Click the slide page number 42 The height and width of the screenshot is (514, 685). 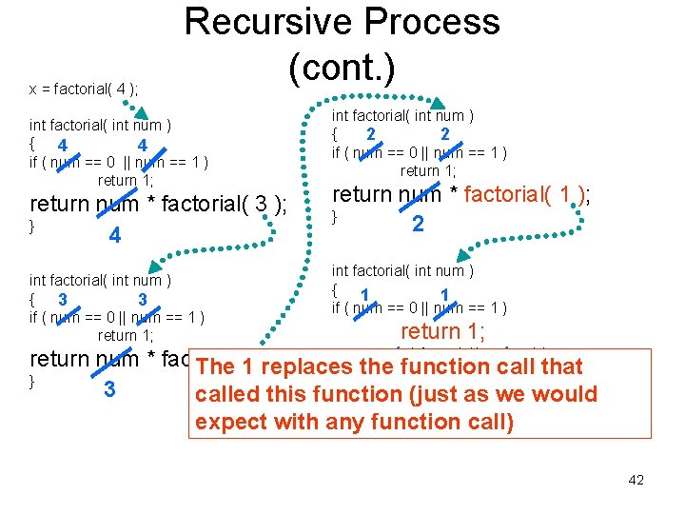pyautogui.click(x=636, y=480)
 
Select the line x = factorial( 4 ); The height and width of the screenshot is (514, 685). pyautogui.click(x=84, y=89)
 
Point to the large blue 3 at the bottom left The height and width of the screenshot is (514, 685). pyautogui.click(x=108, y=389)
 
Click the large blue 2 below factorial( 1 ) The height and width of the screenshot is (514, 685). pyautogui.click(x=418, y=225)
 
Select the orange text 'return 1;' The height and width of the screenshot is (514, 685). pyautogui.click(x=442, y=331)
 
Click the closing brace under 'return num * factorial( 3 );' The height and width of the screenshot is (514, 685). pyautogui.click(x=33, y=227)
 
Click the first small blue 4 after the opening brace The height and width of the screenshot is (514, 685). pyautogui.click(x=61, y=146)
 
